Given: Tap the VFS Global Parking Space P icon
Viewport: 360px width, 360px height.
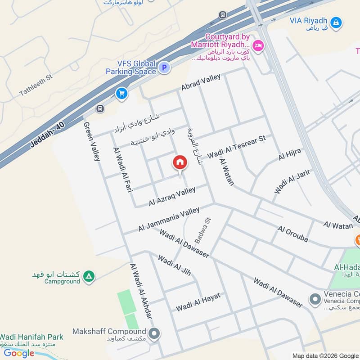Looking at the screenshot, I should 164,68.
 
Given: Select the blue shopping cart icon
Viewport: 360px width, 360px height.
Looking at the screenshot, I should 121,94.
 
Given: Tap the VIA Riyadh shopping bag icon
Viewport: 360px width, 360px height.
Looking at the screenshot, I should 335,22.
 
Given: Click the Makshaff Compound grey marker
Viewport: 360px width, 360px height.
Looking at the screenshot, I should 154,334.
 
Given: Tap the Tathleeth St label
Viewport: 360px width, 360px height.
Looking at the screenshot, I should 36,85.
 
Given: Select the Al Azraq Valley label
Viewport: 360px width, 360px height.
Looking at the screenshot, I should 172,197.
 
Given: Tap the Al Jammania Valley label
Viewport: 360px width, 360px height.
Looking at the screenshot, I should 169,220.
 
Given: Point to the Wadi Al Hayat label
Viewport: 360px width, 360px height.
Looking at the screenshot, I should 198,302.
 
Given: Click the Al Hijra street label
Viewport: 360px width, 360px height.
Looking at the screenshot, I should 290,154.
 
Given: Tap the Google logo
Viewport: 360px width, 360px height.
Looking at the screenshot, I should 19,353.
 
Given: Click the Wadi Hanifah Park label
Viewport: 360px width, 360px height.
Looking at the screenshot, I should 31,337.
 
